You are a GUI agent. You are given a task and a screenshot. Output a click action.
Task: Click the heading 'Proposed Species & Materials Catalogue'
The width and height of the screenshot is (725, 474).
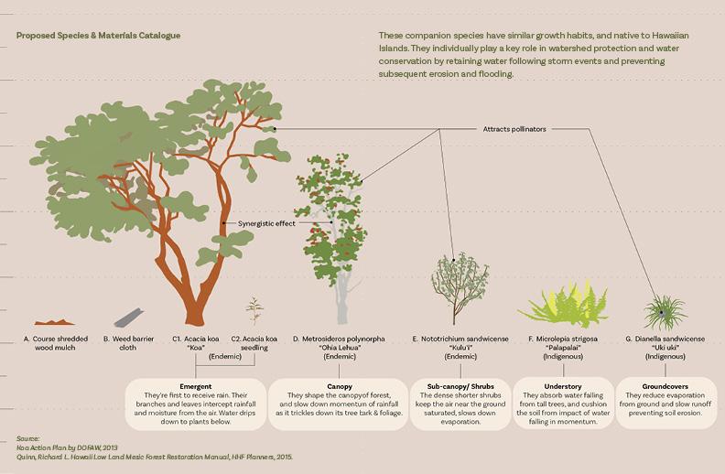98,36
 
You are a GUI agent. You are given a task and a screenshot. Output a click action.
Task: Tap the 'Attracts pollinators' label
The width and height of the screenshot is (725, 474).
514,129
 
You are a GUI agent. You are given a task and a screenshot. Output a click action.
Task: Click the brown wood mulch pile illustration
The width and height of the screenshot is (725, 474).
55,322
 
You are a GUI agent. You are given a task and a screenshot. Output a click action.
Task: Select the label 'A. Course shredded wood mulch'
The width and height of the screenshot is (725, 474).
56,343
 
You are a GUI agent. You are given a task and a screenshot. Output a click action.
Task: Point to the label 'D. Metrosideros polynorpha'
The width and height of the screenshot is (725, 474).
339,339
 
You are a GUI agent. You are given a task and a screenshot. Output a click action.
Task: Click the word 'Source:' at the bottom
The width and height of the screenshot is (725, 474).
29,438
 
